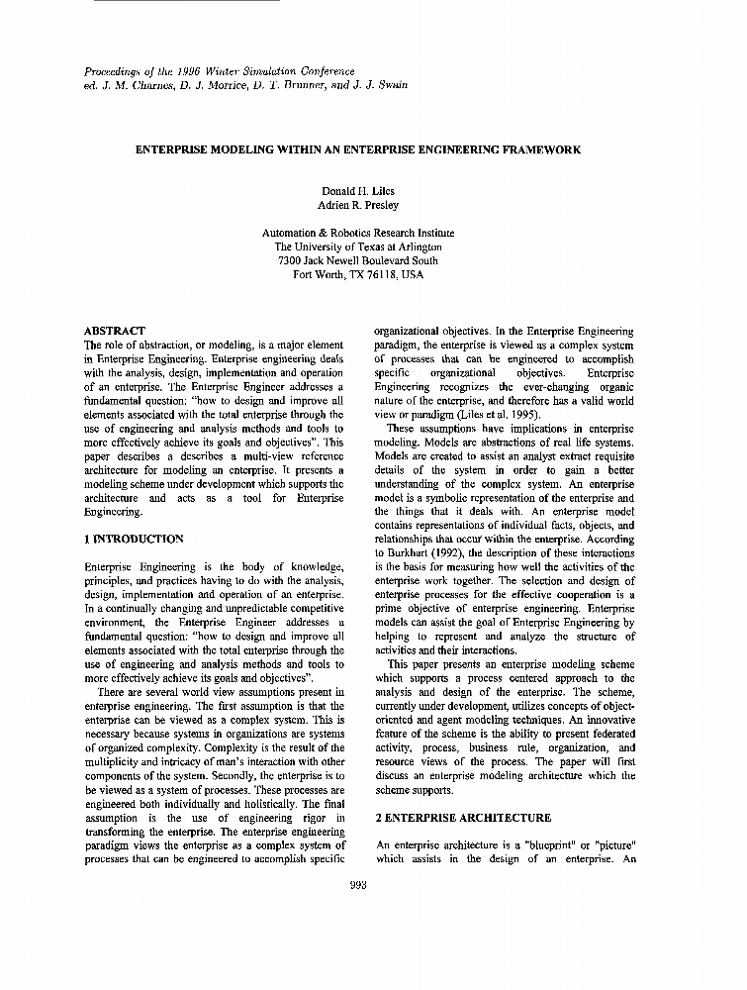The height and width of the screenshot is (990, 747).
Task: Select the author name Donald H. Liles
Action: pos(357,190)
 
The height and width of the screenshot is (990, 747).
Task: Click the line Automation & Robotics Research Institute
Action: pos(357,233)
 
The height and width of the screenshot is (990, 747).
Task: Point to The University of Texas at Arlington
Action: pos(357,247)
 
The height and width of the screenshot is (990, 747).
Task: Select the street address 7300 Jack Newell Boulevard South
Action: pos(357,261)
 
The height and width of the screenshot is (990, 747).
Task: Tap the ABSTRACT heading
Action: pos(115,331)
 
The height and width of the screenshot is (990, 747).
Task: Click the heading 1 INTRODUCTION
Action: pos(134,539)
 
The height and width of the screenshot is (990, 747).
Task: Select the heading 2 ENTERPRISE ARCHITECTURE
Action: pos(464,818)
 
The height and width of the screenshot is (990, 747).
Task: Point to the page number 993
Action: pos(358,885)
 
